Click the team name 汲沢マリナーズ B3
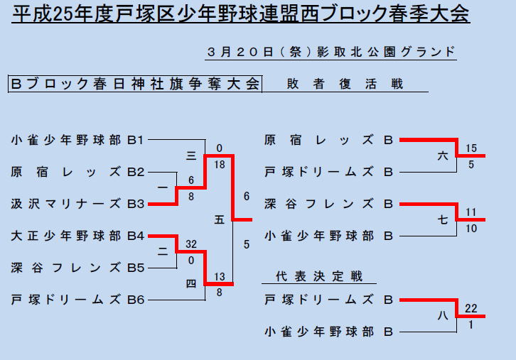pyautogui.click(x=77, y=204)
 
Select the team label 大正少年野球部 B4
pyautogui.click(x=77, y=236)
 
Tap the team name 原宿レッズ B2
pyautogui.click(x=77, y=172)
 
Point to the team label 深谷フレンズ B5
pyautogui.click(x=77, y=268)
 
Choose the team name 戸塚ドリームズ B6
pyautogui.click(x=77, y=300)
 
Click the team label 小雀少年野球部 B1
pyautogui.click(x=77, y=140)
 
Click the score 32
pyautogui.click(x=191, y=244)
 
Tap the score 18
pyautogui.click(x=220, y=165)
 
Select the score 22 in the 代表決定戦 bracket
pyautogui.click(x=471, y=308)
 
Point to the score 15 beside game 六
pyautogui.click(x=471, y=148)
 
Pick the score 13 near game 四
pyautogui.click(x=220, y=276)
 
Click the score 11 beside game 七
pyautogui.click(x=471, y=212)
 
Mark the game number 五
pyautogui.click(x=220, y=219)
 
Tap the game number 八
pyautogui.click(x=443, y=315)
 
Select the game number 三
pyautogui.click(x=191, y=156)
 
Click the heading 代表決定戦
pyautogui.click(x=319, y=276)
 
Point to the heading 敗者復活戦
pyautogui.click(x=345, y=84)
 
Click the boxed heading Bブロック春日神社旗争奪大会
pyautogui.click(x=135, y=84)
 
